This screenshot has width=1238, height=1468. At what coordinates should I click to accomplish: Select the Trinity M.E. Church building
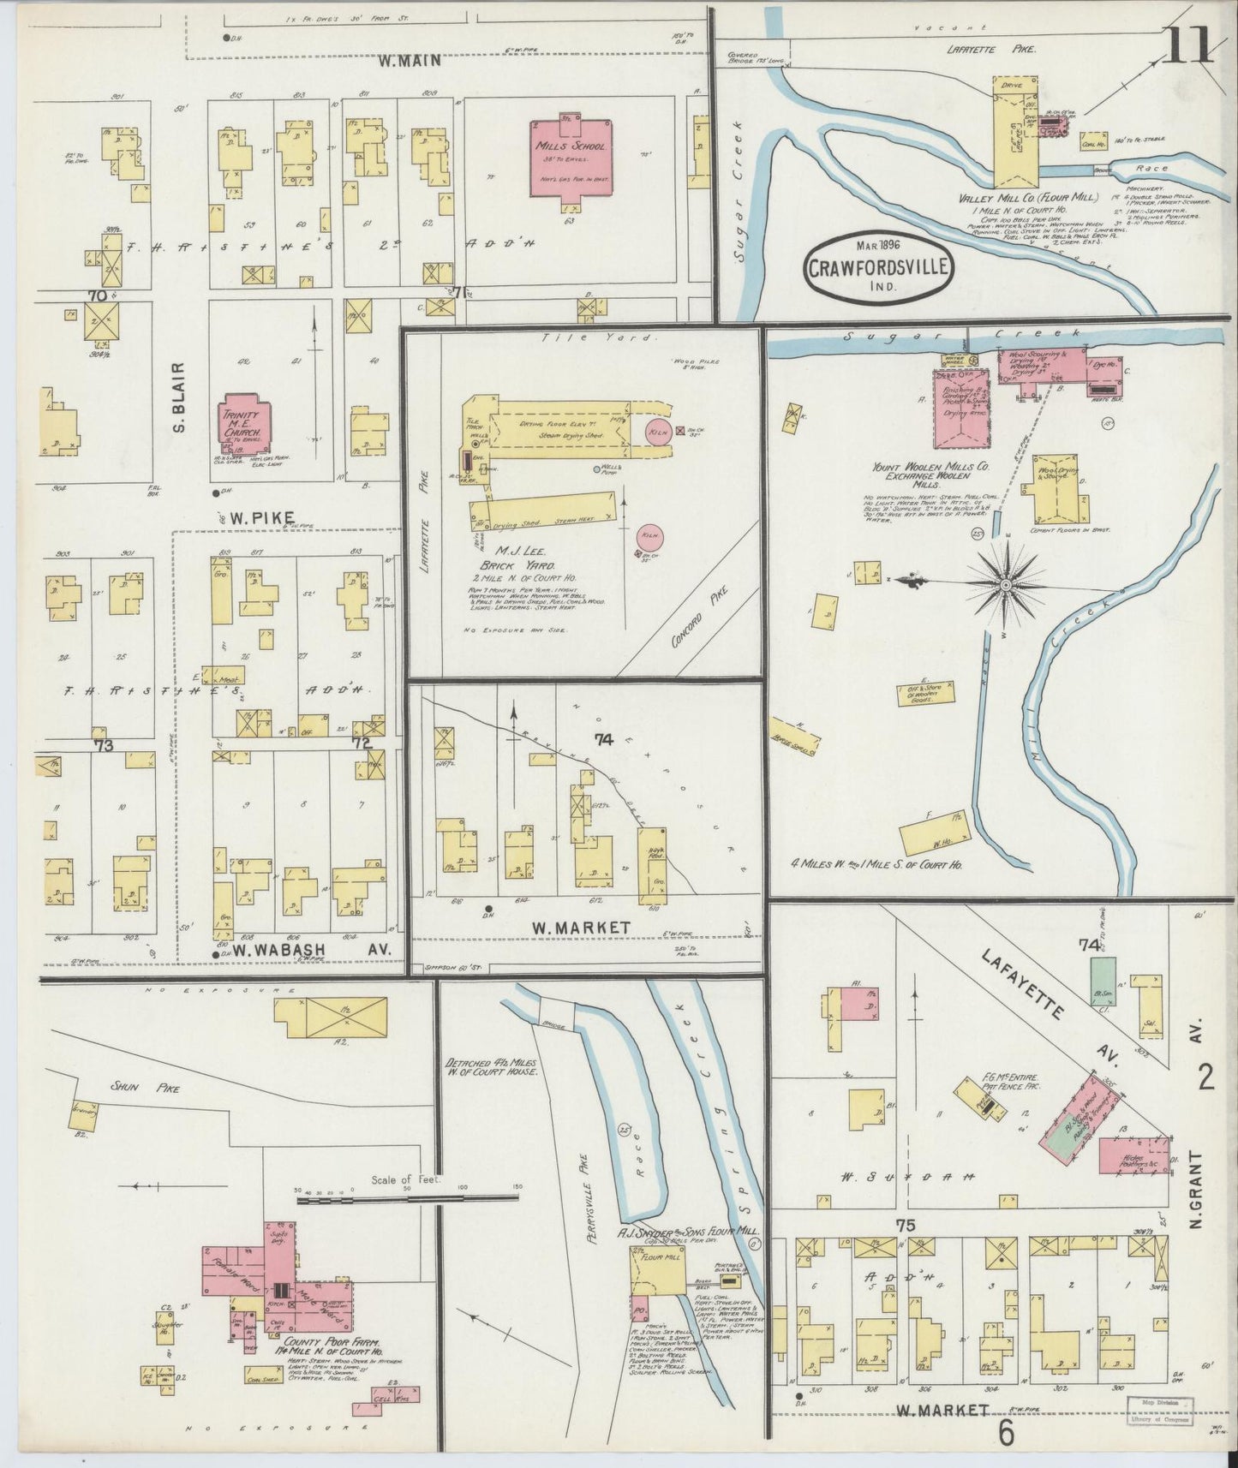pyautogui.click(x=247, y=425)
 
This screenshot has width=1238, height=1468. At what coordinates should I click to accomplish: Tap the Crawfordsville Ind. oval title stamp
pyautogui.click(x=877, y=268)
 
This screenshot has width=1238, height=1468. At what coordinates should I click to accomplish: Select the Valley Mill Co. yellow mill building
pyautogui.click(x=1014, y=137)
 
